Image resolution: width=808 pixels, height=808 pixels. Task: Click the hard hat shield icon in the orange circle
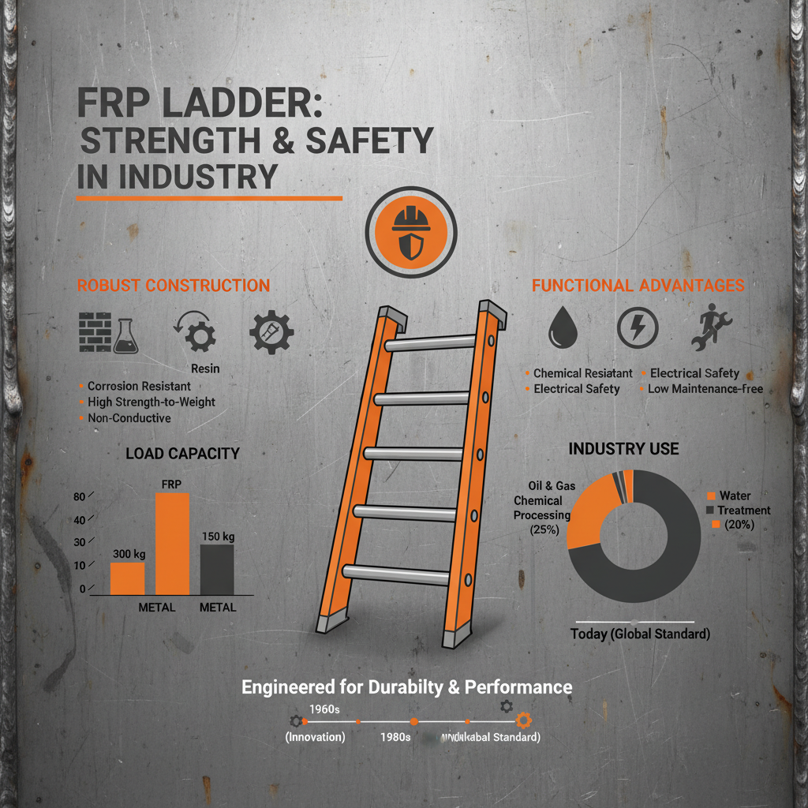[410, 233]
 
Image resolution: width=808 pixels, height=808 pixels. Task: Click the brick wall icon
[95, 331]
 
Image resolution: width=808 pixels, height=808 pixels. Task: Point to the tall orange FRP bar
[172, 543]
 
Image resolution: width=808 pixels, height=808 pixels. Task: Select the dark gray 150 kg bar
[216, 568]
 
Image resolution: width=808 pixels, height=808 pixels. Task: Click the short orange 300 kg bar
[127, 578]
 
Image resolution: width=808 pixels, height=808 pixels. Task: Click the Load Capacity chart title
[182, 454]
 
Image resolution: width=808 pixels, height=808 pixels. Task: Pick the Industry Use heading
[623, 449]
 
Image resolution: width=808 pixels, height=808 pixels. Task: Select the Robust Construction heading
[174, 286]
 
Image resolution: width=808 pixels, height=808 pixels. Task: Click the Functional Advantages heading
[638, 286]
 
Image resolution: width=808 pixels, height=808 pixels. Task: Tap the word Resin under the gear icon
[205, 368]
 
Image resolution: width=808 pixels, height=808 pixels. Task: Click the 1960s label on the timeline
[324, 709]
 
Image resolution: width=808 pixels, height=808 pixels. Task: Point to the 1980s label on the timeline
[395, 737]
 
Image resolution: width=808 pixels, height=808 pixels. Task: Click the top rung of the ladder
[430, 343]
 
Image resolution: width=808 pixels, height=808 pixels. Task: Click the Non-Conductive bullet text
[129, 418]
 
